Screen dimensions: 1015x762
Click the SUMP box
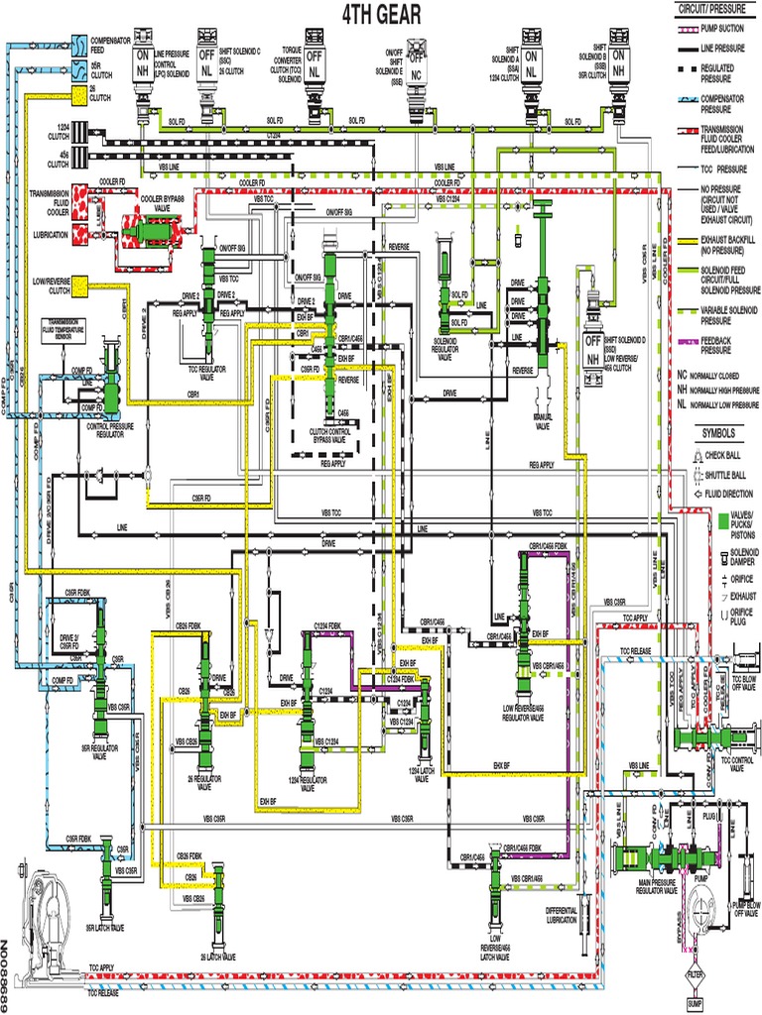pyautogui.click(x=696, y=1004)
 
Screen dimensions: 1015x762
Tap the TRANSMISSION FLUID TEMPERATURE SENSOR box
pyautogui.click(x=63, y=328)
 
